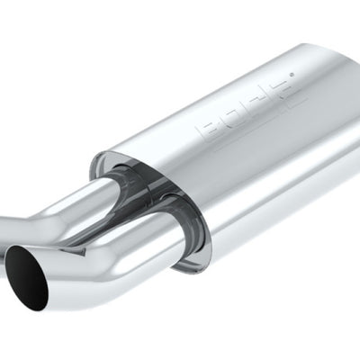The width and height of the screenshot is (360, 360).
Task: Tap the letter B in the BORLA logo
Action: point(208,130)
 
